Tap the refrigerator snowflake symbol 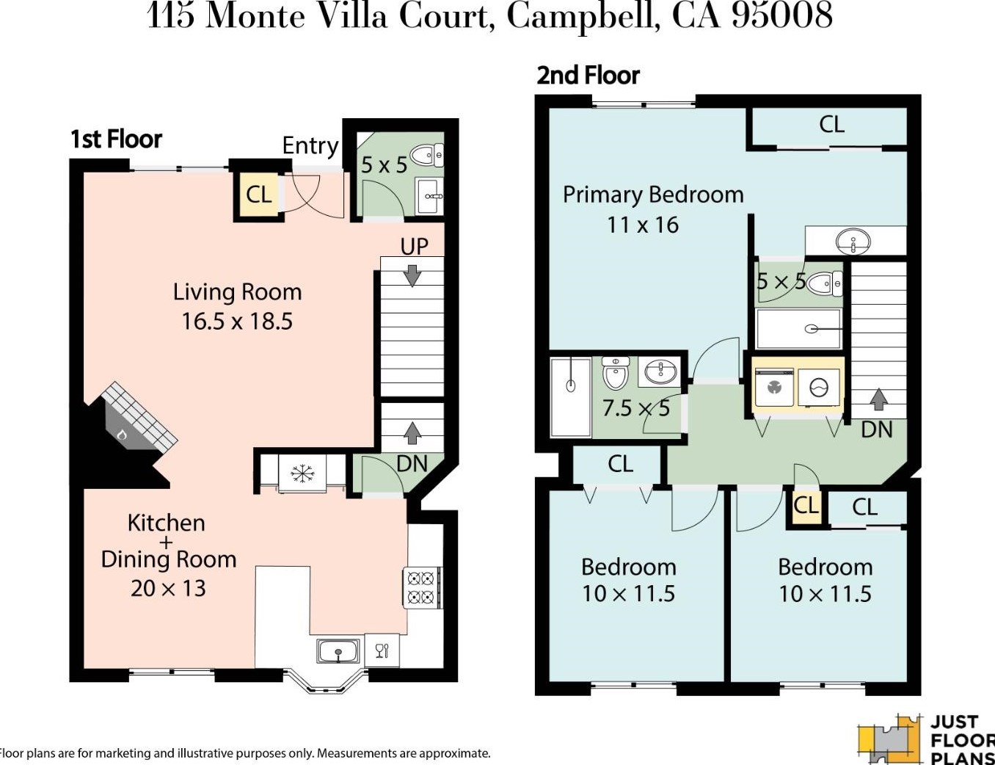302,474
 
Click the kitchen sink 338,651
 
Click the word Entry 310,145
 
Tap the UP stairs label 415,247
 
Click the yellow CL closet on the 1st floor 259,195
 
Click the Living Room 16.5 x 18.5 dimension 237,321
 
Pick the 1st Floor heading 116,139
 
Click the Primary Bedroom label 653,195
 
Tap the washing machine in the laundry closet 774,387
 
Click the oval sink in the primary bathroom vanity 853,240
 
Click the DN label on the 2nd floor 877,429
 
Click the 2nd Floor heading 588,76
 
